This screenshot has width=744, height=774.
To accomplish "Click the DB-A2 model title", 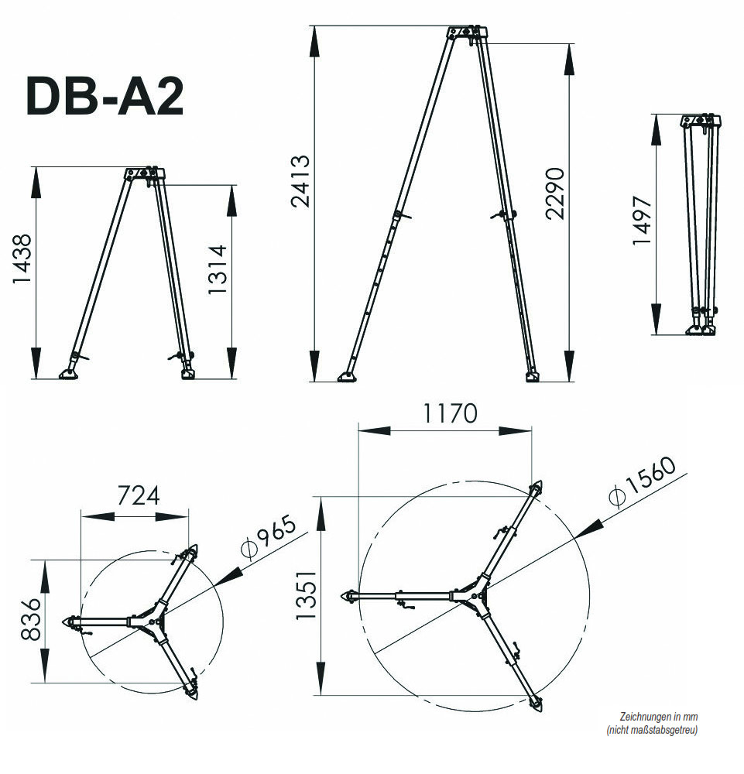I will [105, 97].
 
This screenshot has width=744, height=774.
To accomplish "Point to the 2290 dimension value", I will [556, 193].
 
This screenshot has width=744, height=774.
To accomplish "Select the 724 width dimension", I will [138, 495].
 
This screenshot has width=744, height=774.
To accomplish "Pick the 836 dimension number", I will [30, 619].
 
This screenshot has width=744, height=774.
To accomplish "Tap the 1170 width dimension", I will [449, 413].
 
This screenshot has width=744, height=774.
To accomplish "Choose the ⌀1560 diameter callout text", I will [643, 481].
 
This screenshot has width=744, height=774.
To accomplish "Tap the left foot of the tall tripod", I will [348, 377].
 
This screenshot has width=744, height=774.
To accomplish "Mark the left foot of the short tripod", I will [69, 374].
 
